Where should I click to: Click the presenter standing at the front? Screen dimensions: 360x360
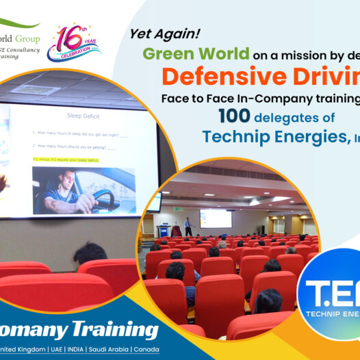(188, 227)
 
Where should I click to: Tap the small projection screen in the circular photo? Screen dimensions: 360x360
(215, 218)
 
